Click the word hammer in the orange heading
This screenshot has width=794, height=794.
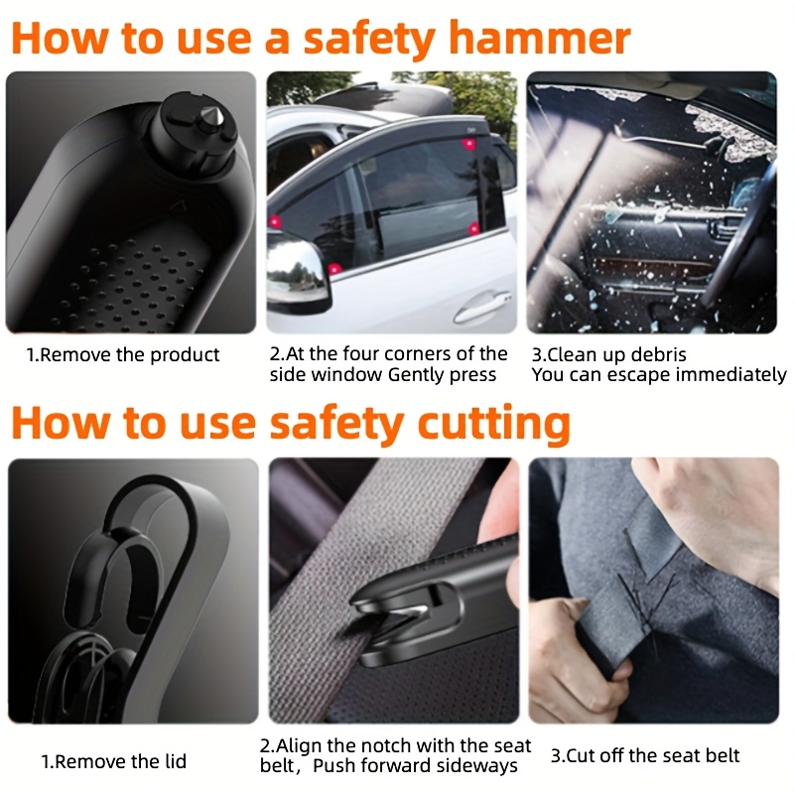click(540, 38)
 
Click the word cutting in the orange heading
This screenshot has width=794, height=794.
click(493, 425)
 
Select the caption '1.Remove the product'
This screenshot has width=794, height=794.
click(123, 354)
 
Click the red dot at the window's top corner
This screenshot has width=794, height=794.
click(469, 144)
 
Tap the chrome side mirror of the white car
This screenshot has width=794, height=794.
click(297, 274)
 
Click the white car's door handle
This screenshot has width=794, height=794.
click(481, 306)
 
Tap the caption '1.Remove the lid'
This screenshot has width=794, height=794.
click(114, 761)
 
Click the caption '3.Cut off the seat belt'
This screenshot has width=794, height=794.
click(644, 755)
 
